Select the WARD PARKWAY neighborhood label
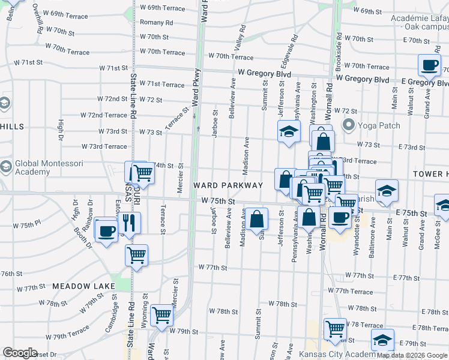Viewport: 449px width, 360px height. pos(228,185)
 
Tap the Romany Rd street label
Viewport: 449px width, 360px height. pos(156,22)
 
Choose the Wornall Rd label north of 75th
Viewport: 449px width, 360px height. pos(330,94)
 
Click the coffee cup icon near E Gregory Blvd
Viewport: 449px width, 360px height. pos(429,65)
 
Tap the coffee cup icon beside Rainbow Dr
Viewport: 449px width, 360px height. pos(107,231)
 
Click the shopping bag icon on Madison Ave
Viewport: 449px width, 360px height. pos(256,220)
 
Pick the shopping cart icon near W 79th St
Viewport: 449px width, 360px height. pos(161,314)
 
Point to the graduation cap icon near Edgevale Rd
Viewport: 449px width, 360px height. pos(289,131)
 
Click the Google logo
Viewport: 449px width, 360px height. pos(20,352)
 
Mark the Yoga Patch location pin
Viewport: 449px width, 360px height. pos(348,125)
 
